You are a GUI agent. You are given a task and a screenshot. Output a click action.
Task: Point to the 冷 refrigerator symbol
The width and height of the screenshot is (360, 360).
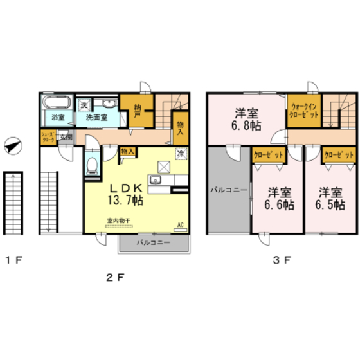coord(181,154)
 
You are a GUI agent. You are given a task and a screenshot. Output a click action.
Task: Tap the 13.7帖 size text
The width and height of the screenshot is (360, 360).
coord(127,200)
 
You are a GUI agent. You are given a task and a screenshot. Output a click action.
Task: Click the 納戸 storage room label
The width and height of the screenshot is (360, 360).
coord(138,111)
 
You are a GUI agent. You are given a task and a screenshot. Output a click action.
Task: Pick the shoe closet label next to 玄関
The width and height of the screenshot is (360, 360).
coord(48,137)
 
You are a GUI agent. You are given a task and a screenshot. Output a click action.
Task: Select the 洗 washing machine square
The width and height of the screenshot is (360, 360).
coord(84,105)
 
